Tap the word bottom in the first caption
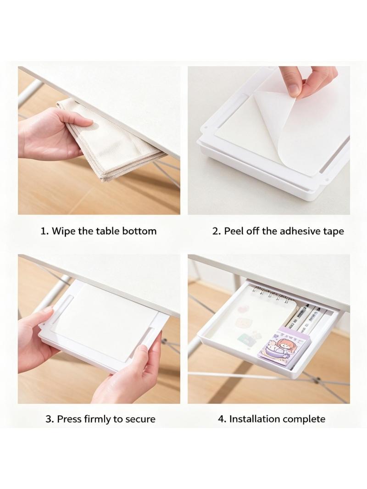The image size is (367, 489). point(139,231)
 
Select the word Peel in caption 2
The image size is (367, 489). point(234,231)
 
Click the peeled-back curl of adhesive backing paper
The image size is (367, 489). point(281,128)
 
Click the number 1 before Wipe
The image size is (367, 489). point(44,231)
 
